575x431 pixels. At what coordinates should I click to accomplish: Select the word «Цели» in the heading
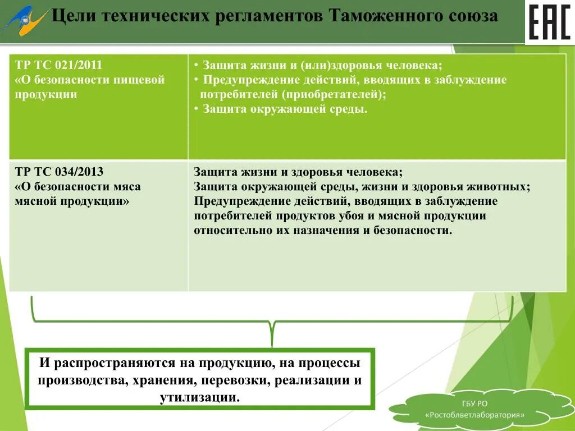pyautogui.click(x=70, y=16)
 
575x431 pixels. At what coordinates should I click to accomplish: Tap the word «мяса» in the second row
pyautogui.click(x=126, y=186)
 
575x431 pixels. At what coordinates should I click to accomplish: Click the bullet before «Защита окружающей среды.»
pyautogui.click(x=196, y=109)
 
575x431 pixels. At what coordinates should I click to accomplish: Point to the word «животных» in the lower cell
pyautogui.click(x=503, y=186)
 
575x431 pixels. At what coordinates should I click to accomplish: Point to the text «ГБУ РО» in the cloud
pyautogui.click(x=476, y=404)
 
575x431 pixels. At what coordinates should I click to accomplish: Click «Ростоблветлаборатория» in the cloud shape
pyautogui.click(x=475, y=415)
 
